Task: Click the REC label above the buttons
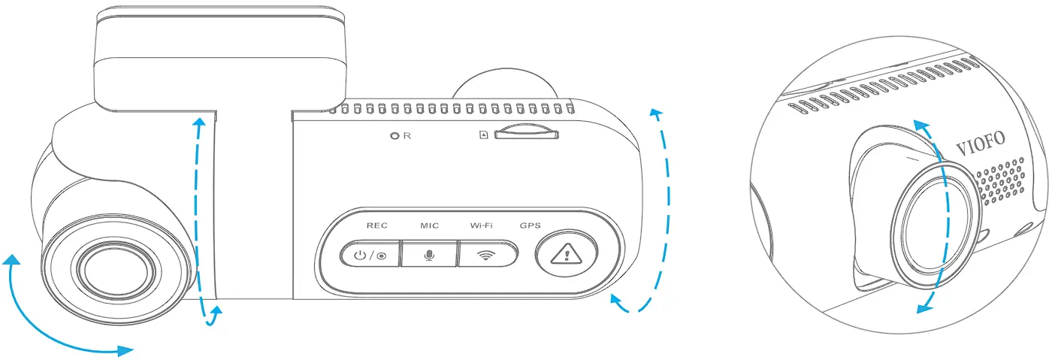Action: [x=376, y=225]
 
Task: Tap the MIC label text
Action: [x=429, y=225]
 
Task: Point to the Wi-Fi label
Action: [x=481, y=225]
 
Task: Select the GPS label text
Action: [x=531, y=225]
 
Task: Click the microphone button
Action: [x=429, y=255]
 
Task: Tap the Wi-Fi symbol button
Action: [x=488, y=255]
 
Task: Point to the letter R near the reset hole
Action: [x=407, y=137]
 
